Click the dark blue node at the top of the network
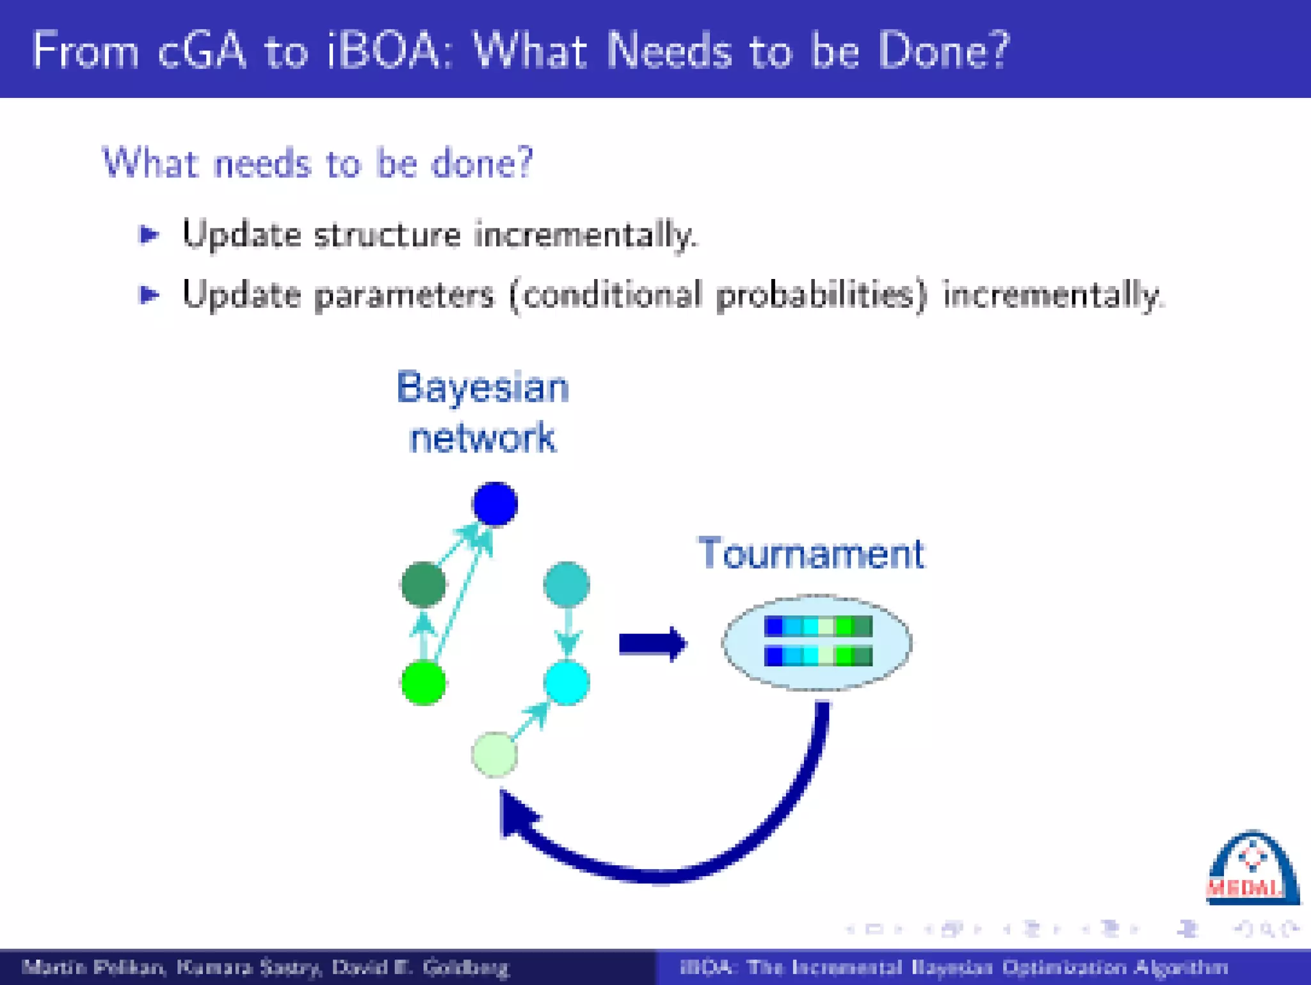coord(495,504)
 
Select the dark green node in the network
coord(423,584)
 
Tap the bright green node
coord(423,683)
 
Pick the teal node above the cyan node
coord(567,584)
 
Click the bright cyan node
coord(567,683)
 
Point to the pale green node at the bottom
coord(494,755)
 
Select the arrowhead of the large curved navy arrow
coord(517,815)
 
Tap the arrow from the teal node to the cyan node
coord(568,632)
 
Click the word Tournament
coord(810,553)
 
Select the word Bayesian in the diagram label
coord(483,388)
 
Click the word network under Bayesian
coord(483,438)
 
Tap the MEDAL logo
coord(1252,869)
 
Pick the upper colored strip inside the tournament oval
coord(818,626)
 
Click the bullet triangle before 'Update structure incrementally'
coord(149,235)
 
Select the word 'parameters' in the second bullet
coord(404,296)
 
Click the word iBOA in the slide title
coord(382,51)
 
